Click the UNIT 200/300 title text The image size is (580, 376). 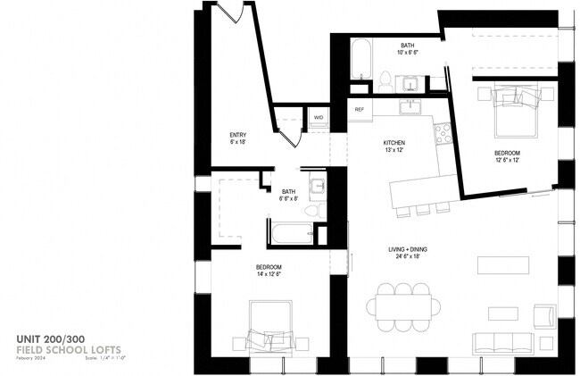(50, 338)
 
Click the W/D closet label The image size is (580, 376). (318, 117)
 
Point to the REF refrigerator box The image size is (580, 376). (360, 109)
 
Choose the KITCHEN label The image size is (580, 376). (394, 145)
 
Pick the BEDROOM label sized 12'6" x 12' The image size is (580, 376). (507, 157)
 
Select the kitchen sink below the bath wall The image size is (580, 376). (410, 108)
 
